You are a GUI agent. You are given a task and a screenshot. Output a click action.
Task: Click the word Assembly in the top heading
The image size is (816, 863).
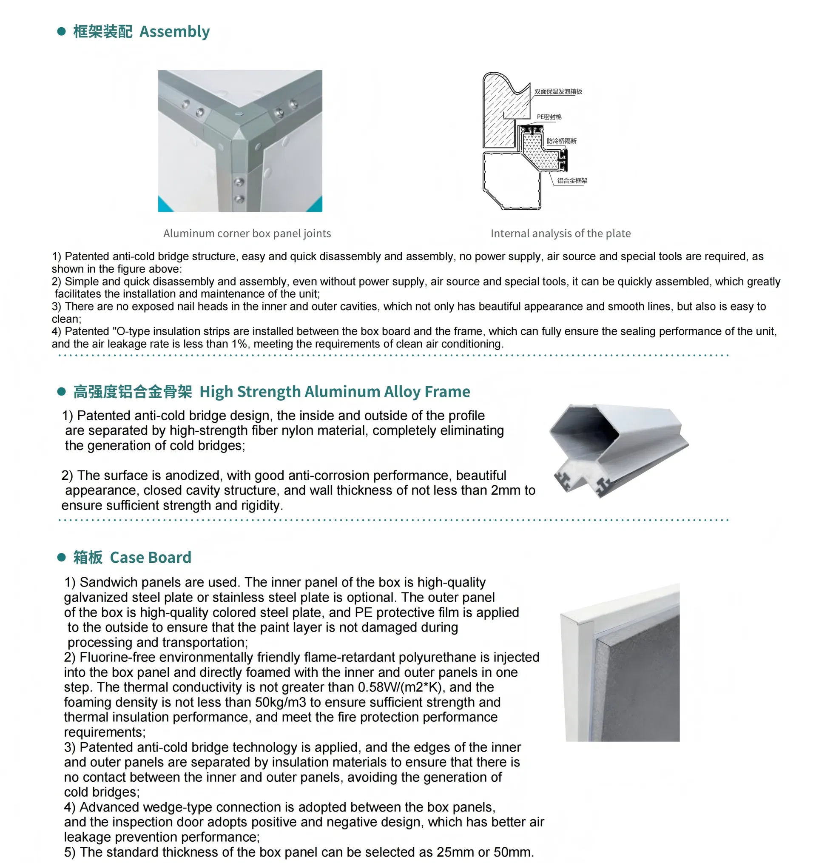[174, 32]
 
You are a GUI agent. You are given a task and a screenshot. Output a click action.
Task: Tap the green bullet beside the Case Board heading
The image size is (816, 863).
[61, 557]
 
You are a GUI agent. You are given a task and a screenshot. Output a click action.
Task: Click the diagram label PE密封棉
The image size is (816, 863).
[549, 117]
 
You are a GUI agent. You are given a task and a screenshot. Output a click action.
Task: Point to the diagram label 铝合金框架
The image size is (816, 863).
[572, 180]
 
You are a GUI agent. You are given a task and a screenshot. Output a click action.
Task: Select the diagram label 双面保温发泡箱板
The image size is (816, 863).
[558, 91]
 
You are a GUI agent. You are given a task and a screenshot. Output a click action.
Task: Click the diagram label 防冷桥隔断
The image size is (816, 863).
[561, 141]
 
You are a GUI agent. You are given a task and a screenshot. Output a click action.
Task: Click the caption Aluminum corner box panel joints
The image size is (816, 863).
[247, 234]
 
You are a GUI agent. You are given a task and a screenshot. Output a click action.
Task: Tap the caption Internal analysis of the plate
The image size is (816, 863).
[560, 234]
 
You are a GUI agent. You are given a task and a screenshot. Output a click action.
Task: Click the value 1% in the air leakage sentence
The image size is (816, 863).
[239, 344]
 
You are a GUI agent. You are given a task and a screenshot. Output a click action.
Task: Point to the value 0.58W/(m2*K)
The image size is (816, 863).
[399, 687]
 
